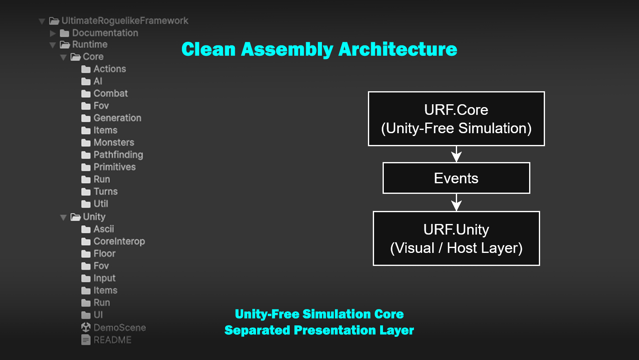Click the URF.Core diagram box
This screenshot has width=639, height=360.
tap(456, 119)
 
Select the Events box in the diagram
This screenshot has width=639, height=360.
tap(456, 178)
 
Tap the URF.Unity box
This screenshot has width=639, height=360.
tap(456, 238)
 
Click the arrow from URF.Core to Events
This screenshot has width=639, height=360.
tap(456, 154)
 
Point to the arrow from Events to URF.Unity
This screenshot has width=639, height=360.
tap(456, 202)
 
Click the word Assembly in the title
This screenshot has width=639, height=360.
tap(287, 49)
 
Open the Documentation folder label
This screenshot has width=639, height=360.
tap(105, 33)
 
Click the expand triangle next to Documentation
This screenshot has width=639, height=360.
tap(53, 33)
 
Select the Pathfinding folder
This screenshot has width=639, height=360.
tap(112, 155)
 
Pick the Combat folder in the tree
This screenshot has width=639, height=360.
tap(105, 93)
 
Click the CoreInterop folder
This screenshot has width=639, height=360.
tap(113, 241)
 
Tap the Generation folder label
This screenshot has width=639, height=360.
tap(118, 118)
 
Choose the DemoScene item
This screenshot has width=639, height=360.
tap(114, 327)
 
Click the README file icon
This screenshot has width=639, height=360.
tap(86, 340)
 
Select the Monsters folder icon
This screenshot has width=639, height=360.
tap(86, 143)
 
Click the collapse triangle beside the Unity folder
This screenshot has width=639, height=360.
tap(63, 217)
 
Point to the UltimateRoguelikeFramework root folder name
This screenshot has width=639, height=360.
tap(125, 20)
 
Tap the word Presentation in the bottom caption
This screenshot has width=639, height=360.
tap(335, 330)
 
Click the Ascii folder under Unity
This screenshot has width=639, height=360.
tap(98, 229)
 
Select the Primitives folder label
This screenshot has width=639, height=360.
tap(115, 167)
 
